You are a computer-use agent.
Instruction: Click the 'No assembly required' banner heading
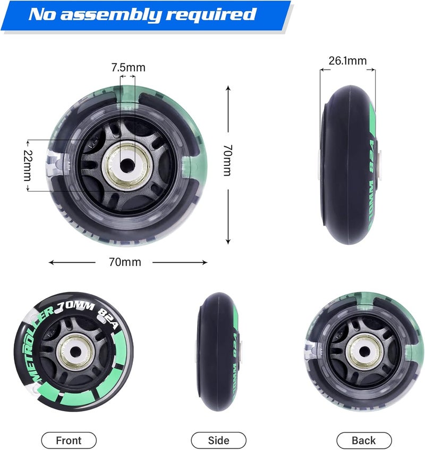point(142,14)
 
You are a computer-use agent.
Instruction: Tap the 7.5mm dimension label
point(128,68)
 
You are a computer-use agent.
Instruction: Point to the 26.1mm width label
point(347,61)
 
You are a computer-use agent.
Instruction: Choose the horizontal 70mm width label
point(126,262)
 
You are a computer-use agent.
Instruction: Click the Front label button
point(69,440)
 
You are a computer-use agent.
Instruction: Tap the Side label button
point(218,440)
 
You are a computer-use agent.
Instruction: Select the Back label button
point(363,440)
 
